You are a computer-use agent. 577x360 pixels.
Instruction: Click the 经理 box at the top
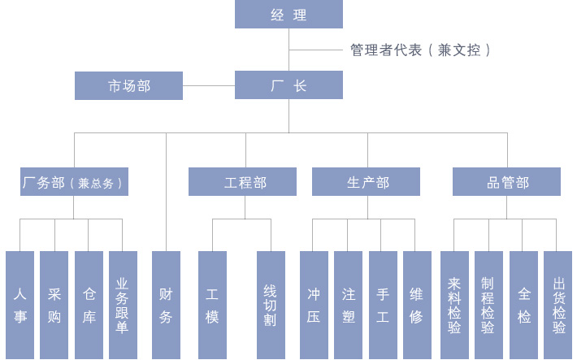(288, 15)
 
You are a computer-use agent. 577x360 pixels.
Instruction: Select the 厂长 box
(288, 85)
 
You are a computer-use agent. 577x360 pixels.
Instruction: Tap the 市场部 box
(128, 85)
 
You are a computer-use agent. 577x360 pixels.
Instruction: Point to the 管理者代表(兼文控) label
(420, 50)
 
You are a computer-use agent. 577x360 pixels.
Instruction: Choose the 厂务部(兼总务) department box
(74, 182)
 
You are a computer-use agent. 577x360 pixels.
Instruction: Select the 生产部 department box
(366, 182)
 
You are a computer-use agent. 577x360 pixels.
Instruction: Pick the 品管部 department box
(506, 182)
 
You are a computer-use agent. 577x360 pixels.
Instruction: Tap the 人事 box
(20, 305)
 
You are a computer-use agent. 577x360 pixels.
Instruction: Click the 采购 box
(54, 305)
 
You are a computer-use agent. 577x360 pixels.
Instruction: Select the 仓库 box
(89, 305)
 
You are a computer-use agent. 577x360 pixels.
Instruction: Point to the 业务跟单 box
(123, 305)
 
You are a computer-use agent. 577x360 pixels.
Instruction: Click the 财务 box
(166, 305)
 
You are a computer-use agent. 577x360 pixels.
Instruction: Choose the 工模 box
(212, 305)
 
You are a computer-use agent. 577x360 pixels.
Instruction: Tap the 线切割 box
(271, 305)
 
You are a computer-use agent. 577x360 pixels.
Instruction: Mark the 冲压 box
(314, 305)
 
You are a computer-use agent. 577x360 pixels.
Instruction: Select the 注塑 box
(348, 305)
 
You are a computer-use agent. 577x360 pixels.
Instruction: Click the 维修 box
(417, 305)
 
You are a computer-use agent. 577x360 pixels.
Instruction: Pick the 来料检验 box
(454, 305)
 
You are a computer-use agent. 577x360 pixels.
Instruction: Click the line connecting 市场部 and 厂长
(209, 85)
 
